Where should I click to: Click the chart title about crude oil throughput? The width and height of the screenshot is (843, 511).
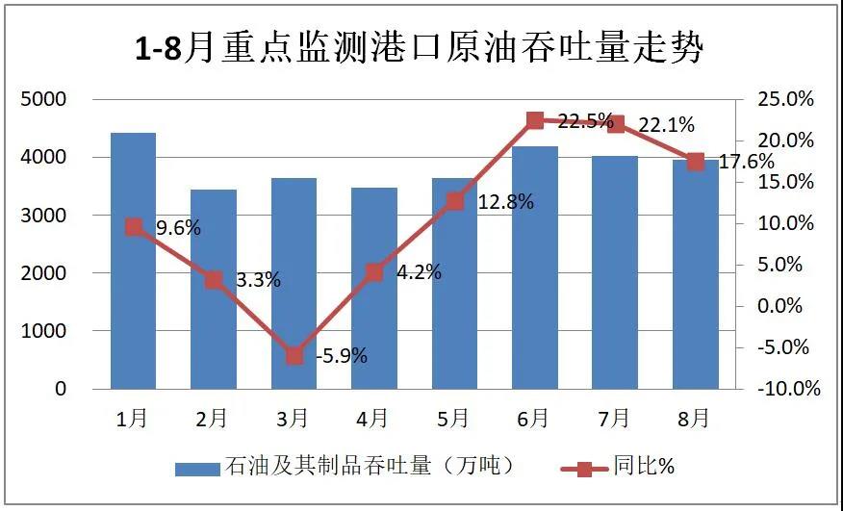coord(421,47)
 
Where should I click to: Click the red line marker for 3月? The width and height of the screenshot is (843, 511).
coord(294,356)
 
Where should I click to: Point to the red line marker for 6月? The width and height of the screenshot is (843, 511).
coord(535,120)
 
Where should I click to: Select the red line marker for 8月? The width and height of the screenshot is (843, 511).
coord(696,161)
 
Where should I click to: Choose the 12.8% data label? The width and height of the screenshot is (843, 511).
coord(505,202)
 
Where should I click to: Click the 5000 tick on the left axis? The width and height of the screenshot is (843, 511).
coord(46,99)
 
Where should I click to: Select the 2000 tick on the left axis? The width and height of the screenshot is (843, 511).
coord(46,273)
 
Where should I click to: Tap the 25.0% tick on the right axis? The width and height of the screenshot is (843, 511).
coord(786,99)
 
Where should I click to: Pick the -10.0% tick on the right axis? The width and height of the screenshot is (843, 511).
coord(785,389)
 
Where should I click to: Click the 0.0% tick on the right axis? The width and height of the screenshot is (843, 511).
coord(790,306)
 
